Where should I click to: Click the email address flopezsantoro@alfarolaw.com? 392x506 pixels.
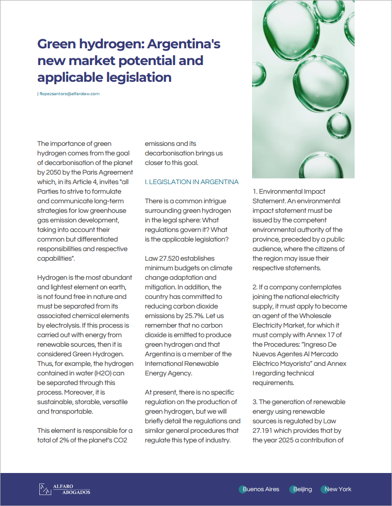tap(69, 94)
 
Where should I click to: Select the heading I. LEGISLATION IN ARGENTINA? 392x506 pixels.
tap(192, 182)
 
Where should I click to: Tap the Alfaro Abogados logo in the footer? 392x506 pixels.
tap(64, 489)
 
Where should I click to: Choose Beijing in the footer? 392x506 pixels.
tap(302, 489)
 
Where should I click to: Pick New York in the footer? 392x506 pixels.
tap(338, 489)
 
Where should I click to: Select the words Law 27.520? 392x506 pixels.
tap(161, 258)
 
